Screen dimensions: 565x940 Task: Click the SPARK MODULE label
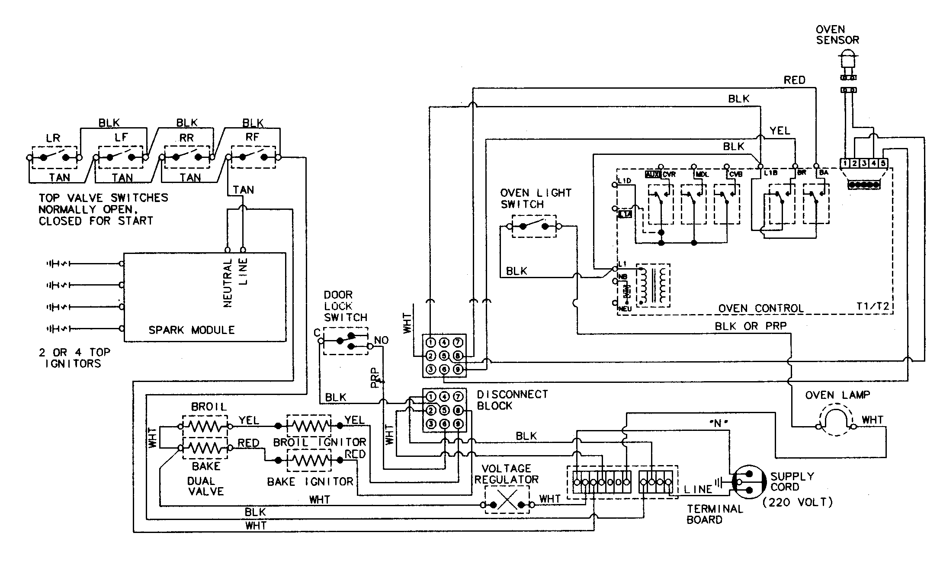191,330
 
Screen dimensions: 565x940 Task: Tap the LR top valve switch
54,157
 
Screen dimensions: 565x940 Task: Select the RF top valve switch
253,157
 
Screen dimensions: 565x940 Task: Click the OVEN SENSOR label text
837,35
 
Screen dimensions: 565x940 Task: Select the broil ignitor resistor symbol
309,426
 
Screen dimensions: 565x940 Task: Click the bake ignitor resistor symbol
309,461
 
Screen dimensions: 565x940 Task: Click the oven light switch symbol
533,226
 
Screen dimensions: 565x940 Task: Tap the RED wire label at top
795,80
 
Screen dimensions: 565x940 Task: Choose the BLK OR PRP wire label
751,326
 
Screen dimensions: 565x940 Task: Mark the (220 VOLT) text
798,502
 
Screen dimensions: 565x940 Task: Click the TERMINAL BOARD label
715,514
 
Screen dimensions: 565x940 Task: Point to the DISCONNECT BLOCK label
512,400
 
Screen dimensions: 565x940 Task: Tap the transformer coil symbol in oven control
653,286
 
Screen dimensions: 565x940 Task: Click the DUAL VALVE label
206,486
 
